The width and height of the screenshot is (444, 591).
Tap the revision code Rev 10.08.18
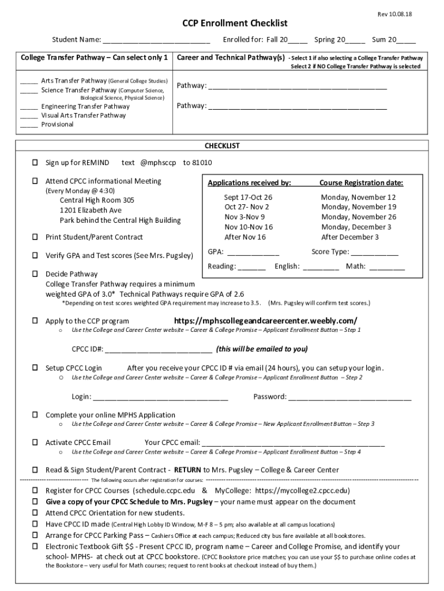point(396,13)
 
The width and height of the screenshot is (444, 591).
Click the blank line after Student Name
point(156,41)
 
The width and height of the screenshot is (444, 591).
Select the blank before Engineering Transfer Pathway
point(29,107)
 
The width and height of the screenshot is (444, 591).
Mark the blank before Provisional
point(29,125)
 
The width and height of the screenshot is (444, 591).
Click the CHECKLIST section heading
point(222,146)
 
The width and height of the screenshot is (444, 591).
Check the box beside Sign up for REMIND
point(35,163)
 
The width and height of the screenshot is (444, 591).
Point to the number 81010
point(202,163)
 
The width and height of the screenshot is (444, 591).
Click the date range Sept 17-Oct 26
point(248,197)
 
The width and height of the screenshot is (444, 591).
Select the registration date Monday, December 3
point(356,227)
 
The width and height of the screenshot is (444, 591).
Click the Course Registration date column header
point(361,183)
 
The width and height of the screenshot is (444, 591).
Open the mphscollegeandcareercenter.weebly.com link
point(265,321)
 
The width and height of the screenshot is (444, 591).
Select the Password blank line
point(350,397)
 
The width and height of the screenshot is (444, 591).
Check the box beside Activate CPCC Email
point(35,443)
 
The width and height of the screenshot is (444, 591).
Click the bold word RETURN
point(187,470)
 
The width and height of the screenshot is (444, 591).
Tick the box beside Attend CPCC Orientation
point(35,513)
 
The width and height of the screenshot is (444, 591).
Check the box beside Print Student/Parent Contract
point(35,237)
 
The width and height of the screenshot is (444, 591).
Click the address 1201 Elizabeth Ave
point(91,210)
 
